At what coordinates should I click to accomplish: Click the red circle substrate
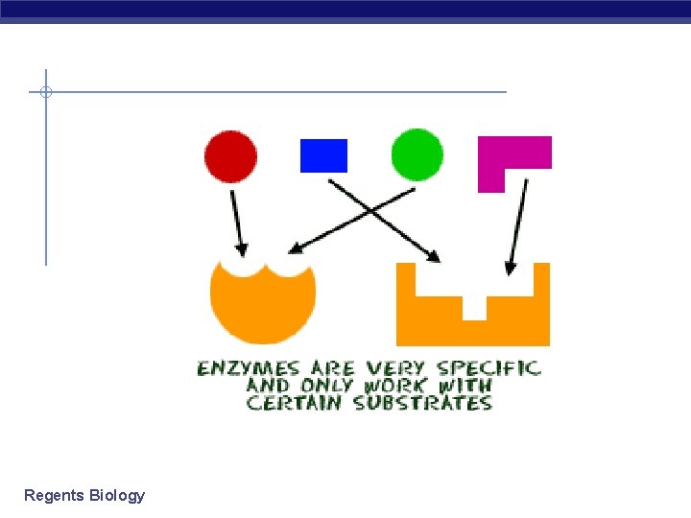pos(231,156)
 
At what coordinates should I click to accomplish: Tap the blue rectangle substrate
pos(323,155)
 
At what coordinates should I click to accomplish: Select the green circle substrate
pos(417,155)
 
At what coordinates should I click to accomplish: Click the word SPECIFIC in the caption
pos(488,368)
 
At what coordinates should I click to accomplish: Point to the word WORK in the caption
pos(395,386)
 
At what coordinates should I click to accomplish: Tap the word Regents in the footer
pos(54,496)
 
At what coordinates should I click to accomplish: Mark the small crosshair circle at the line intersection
pos(45,92)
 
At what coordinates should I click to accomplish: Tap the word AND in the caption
pos(266,386)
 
